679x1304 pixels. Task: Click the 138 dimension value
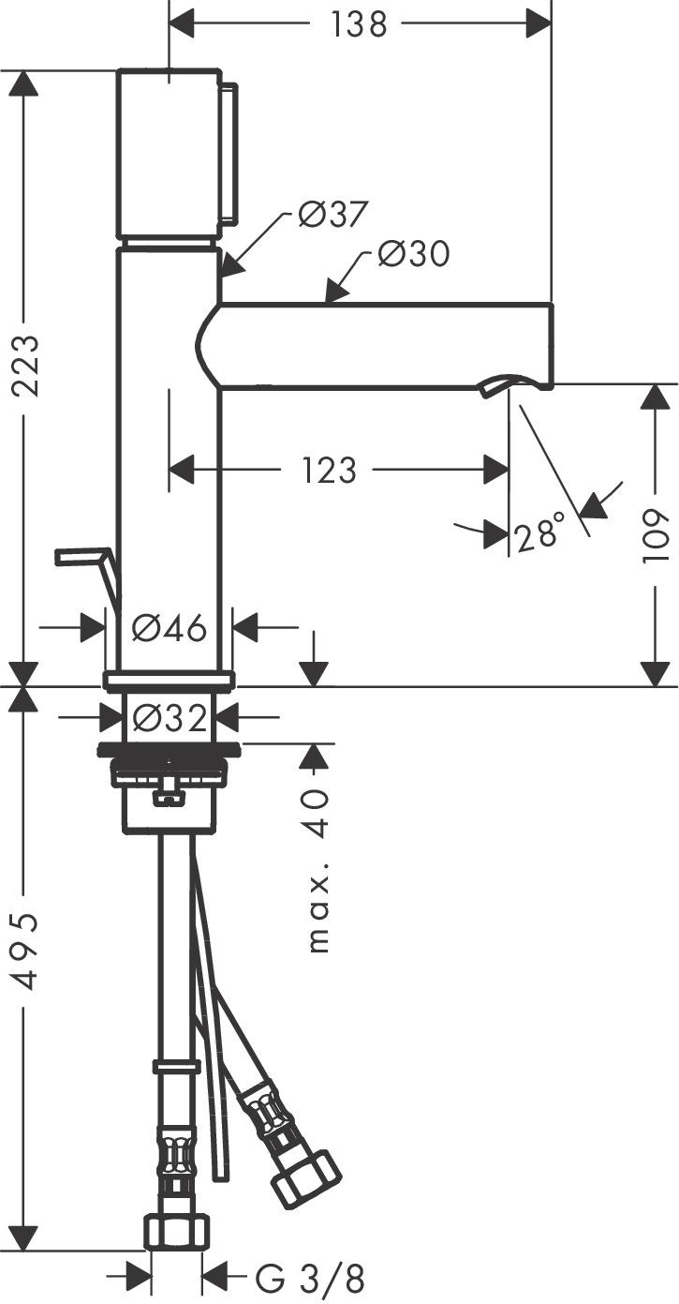359,25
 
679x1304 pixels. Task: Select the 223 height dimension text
26,366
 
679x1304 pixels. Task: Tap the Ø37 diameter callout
332,215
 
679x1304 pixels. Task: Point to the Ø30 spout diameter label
413,254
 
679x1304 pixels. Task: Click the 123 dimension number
329,470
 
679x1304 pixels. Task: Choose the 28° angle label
539,534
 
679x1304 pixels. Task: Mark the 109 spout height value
657,535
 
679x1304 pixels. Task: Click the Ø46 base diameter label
169,628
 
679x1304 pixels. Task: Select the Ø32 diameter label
169,719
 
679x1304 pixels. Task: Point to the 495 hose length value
26,949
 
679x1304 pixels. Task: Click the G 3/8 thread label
309,1277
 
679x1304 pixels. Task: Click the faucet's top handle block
170,154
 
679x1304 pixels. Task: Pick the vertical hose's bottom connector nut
177,1231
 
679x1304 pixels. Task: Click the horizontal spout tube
384,344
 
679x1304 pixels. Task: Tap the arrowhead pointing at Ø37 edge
230,265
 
